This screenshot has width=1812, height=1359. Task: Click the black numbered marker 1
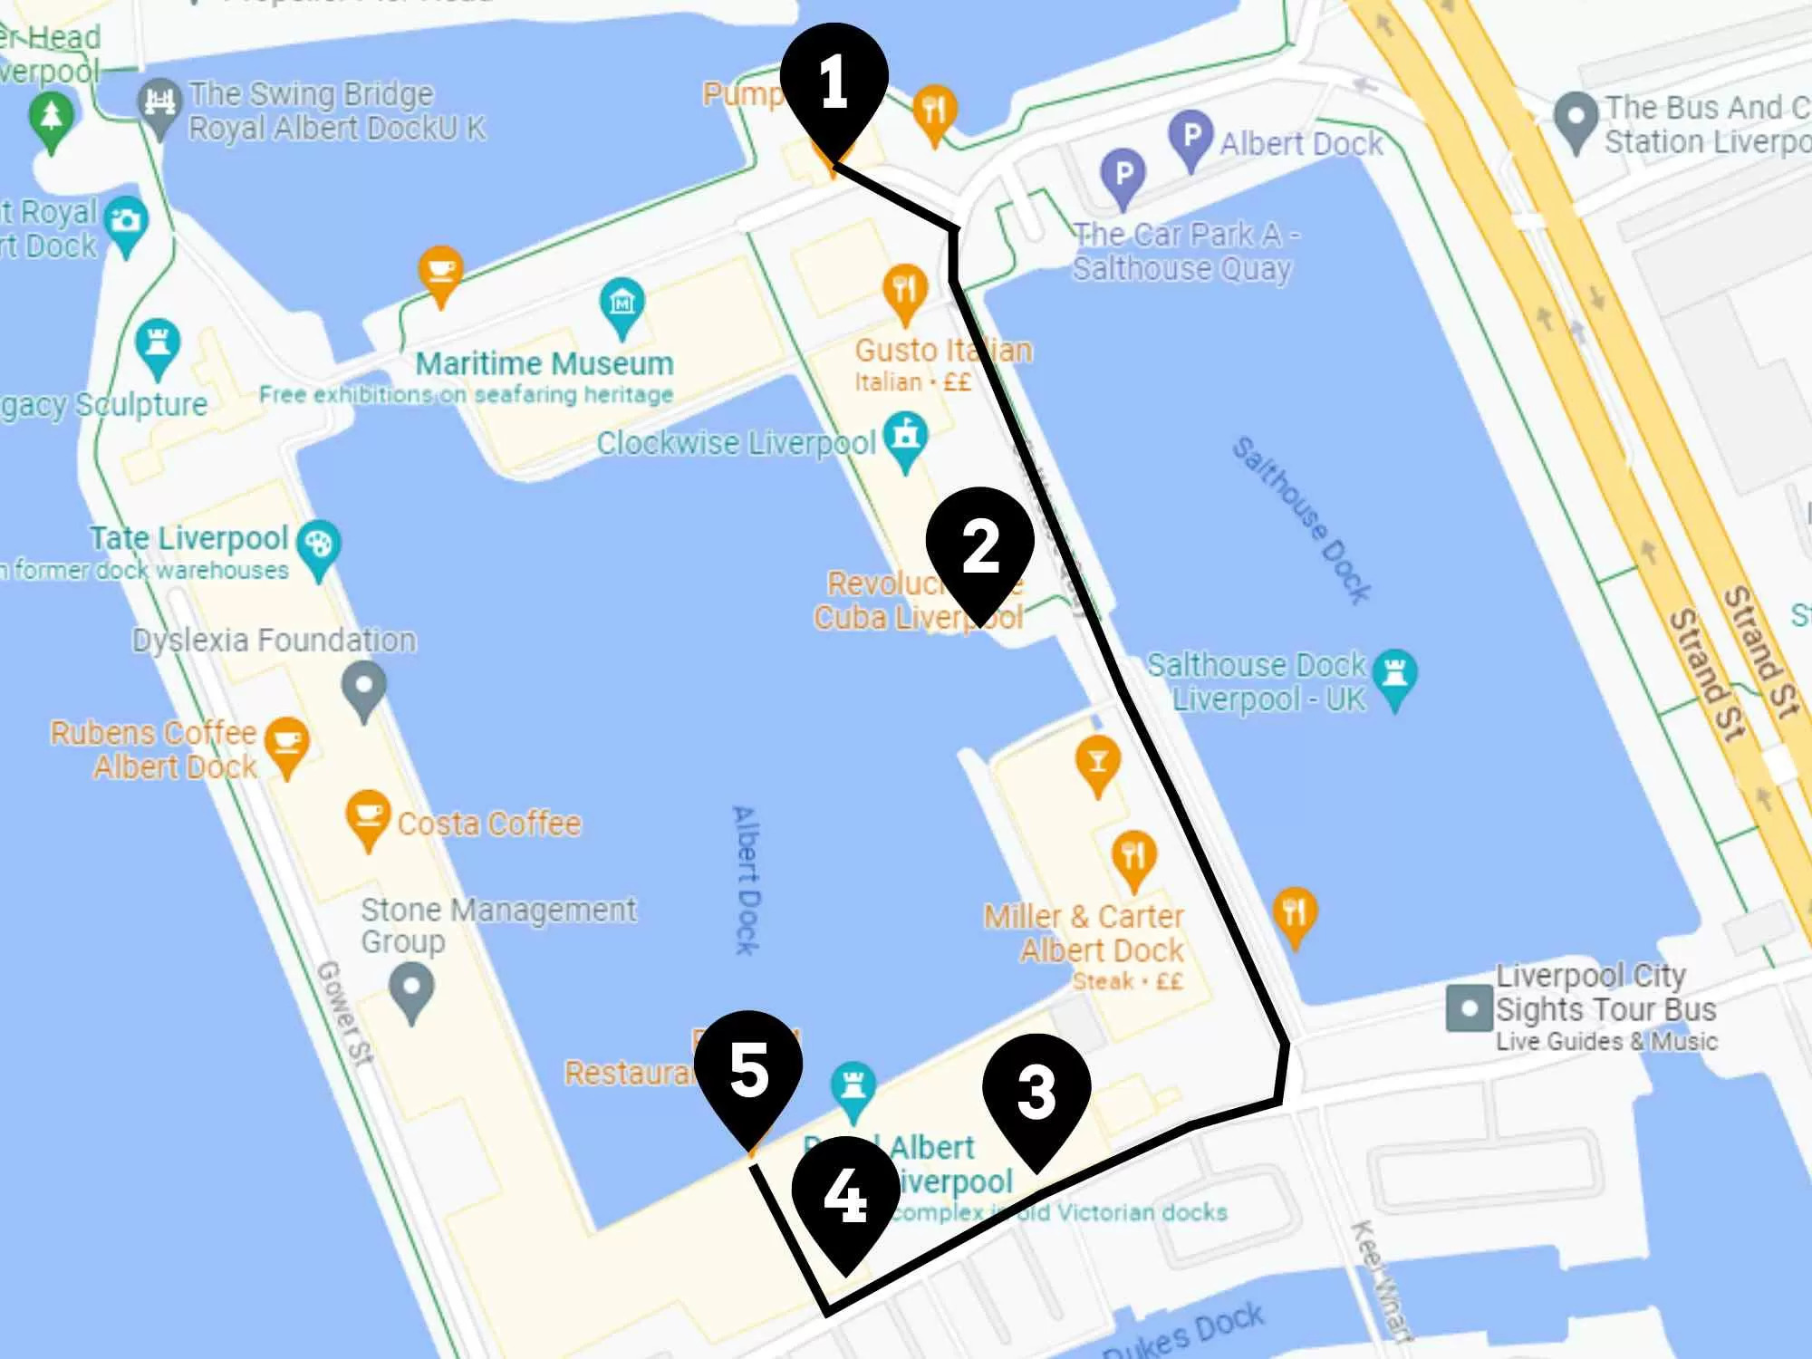tap(834, 82)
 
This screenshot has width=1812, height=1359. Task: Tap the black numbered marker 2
tap(979, 546)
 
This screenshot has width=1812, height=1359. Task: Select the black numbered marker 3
tap(1036, 1092)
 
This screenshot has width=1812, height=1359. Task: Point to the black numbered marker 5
tap(748, 1069)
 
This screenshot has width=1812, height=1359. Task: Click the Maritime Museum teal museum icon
tap(622, 304)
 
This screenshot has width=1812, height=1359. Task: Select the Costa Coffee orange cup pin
tap(368, 815)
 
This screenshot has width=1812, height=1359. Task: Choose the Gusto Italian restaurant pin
tap(904, 288)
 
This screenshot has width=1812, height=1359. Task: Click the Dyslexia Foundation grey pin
tap(364, 687)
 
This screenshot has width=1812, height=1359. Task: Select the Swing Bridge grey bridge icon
tap(160, 102)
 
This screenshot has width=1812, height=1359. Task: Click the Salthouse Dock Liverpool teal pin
tap(1395, 675)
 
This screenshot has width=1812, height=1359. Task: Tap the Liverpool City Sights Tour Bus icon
tap(1469, 1008)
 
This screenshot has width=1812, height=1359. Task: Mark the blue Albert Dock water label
tap(747, 879)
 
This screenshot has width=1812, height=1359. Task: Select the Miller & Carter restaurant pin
tap(1132, 856)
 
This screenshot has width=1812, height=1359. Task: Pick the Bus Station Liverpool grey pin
tap(1576, 119)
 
